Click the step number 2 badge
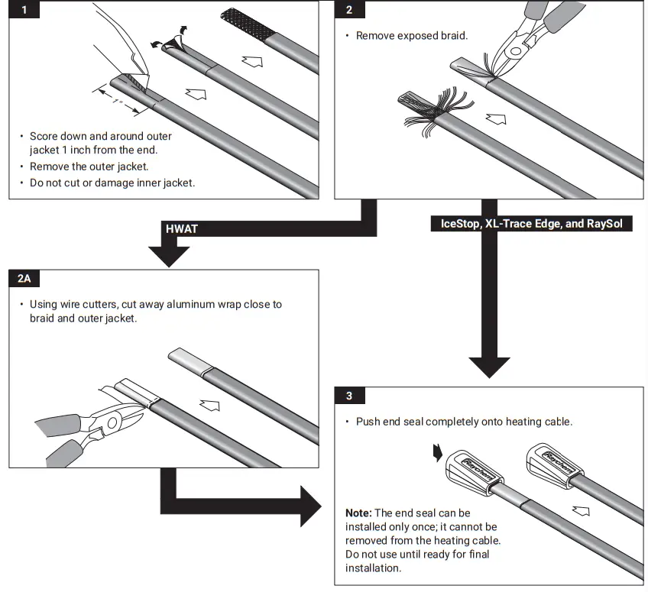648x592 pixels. (x=349, y=11)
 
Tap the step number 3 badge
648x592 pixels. (x=349, y=396)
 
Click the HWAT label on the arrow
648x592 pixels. (x=182, y=228)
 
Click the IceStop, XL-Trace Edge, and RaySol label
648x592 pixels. (x=532, y=224)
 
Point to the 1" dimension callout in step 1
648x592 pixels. (x=117, y=100)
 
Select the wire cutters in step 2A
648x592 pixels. (x=92, y=424)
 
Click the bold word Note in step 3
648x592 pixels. (x=359, y=513)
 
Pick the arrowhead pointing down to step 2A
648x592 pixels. (x=167, y=255)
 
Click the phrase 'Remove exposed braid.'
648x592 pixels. (x=411, y=36)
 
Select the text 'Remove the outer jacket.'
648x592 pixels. (x=89, y=166)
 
